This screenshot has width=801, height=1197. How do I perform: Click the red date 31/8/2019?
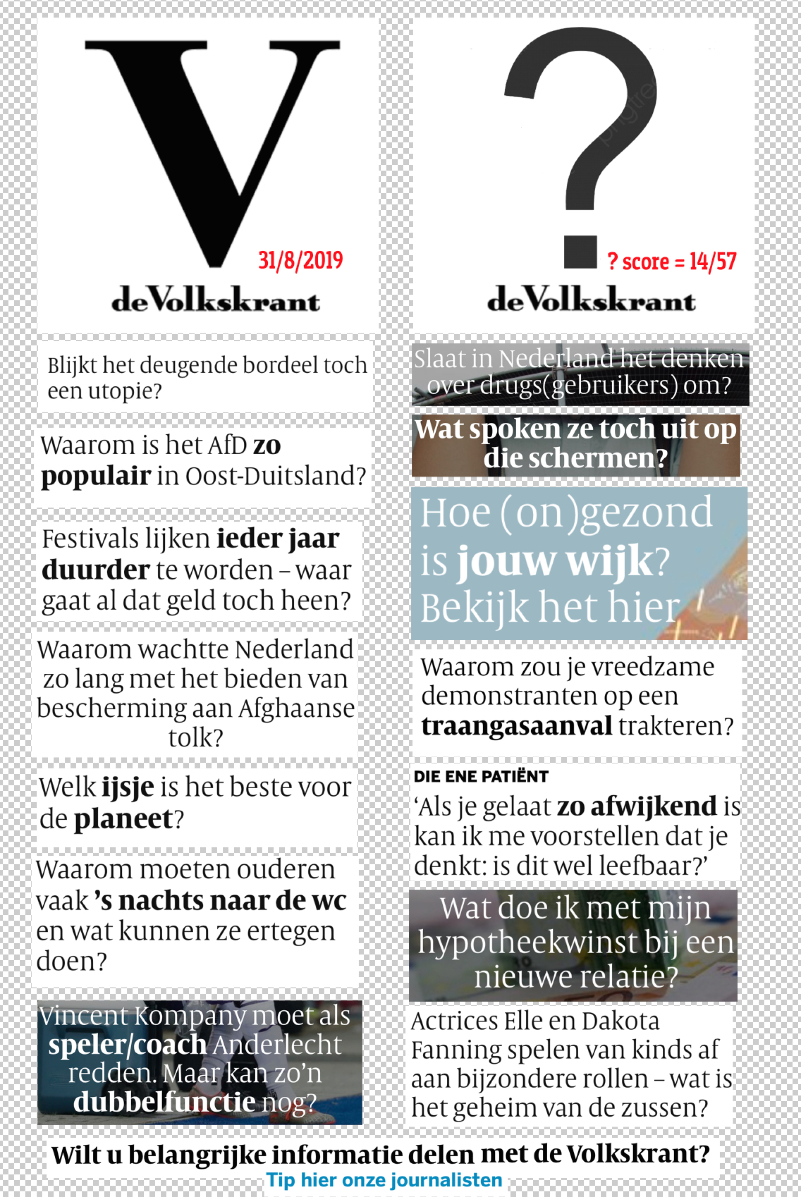coord(300,261)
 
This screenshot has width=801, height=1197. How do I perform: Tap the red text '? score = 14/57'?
coord(671,261)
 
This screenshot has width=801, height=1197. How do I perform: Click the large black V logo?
coord(212,148)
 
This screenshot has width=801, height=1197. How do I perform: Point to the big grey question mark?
coord(581,143)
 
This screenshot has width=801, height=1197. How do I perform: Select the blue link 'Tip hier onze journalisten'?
coord(384,1180)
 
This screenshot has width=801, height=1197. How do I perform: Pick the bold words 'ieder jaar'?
coord(278,539)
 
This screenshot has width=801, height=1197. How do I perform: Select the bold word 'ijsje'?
coord(128,787)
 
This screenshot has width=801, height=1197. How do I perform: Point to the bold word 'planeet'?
coord(124,819)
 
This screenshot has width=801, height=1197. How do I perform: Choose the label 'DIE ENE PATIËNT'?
coord(481,777)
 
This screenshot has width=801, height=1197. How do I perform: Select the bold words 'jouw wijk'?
coord(554,561)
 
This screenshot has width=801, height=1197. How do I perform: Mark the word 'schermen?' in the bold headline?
coord(576,458)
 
